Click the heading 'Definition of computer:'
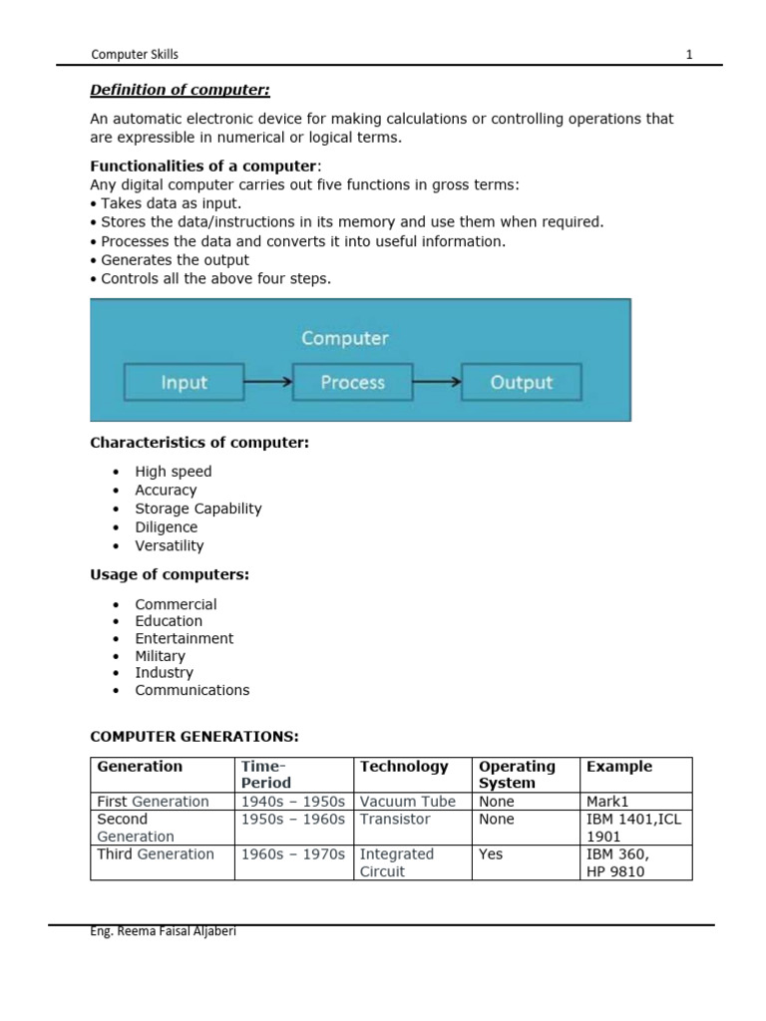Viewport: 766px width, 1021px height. click(x=180, y=91)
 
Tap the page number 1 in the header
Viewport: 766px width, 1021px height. click(x=688, y=55)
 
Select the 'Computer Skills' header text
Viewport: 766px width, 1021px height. click(x=135, y=55)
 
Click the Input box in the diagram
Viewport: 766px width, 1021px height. click(x=184, y=382)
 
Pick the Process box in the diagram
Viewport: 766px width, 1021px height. click(x=352, y=382)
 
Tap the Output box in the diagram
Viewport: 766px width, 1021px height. click(x=521, y=382)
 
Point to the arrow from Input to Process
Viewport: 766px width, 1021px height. click(x=267, y=382)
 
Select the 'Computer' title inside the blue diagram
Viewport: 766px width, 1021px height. click(x=344, y=338)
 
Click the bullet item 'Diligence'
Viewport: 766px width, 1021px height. click(x=167, y=527)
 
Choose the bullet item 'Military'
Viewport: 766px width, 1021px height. click(x=161, y=656)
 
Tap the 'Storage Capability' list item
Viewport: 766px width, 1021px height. click(x=198, y=509)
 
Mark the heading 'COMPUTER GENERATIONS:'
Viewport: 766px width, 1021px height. click(x=194, y=737)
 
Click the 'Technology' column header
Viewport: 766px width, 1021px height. click(x=404, y=767)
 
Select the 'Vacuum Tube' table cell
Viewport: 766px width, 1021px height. click(x=407, y=802)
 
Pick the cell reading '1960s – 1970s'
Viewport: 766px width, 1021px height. click(x=293, y=854)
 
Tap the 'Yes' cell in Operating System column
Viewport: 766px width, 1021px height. click(x=491, y=854)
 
